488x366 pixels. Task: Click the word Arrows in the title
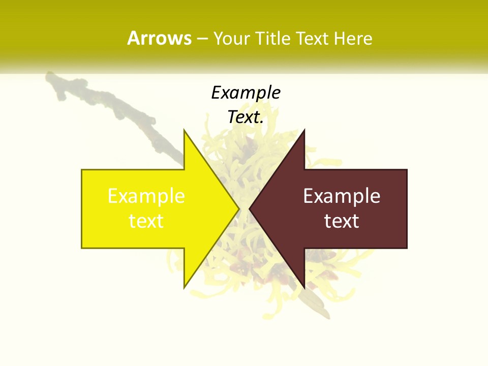pyautogui.click(x=159, y=38)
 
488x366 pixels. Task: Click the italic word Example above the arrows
pyautogui.click(x=246, y=93)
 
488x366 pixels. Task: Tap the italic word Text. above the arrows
pyautogui.click(x=246, y=117)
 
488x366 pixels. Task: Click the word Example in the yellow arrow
pyautogui.click(x=146, y=196)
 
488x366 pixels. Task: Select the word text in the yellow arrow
pyautogui.click(x=146, y=221)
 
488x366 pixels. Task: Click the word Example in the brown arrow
pyautogui.click(x=342, y=196)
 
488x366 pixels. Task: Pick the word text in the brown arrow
pyautogui.click(x=342, y=221)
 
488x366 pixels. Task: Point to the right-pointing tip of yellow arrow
pyautogui.click(x=238, y=208)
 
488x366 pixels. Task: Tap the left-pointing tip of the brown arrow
pyautogui.click(x=250, y=208)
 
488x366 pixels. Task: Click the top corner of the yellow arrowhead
pyautogui.click(x=185, y=131)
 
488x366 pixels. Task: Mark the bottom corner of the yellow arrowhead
pyautogui.click(x=185, y=287)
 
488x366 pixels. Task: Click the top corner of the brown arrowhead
pyautogui.click(x=304, y=131)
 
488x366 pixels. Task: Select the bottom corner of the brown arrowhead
pyautogui.click(x=304, y=287)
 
